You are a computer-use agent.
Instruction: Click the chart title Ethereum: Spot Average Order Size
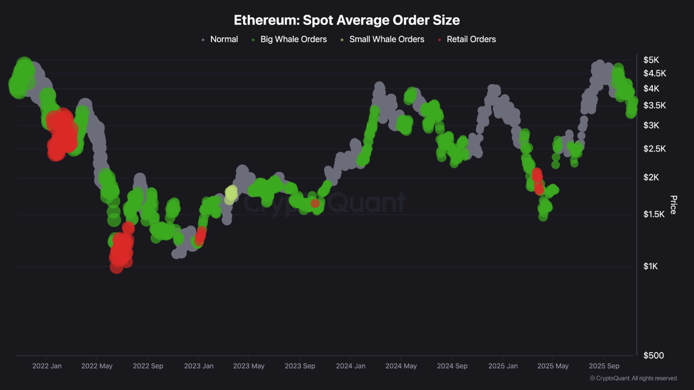(x=346, y=20)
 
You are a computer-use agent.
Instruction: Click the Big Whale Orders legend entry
(x=293, y=39)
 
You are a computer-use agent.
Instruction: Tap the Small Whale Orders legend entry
(x=386, y=39)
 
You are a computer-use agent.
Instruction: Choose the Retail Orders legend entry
(x=471, y=39)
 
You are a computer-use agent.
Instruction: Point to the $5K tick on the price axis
(x=651, y=60)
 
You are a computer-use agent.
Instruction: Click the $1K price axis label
(x=651, y=266)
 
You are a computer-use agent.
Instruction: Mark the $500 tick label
(x=654, y=355)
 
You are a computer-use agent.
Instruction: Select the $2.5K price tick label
(x=654, y=148)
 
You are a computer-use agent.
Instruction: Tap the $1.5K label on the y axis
(x=654, y=214)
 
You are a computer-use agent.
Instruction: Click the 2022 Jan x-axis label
(x=47, y=366)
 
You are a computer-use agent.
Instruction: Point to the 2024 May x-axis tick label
(x=401, y=366)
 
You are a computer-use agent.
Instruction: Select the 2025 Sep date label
(x=604, y=366)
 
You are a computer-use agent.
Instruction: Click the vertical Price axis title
(x=673, y=205)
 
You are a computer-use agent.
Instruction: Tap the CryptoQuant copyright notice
(x=633, y=378)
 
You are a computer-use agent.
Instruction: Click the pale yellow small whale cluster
(x=231, y=193)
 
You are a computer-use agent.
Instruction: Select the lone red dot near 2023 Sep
(x=315, y=203)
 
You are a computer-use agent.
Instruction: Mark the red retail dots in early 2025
(x=537, y=180)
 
